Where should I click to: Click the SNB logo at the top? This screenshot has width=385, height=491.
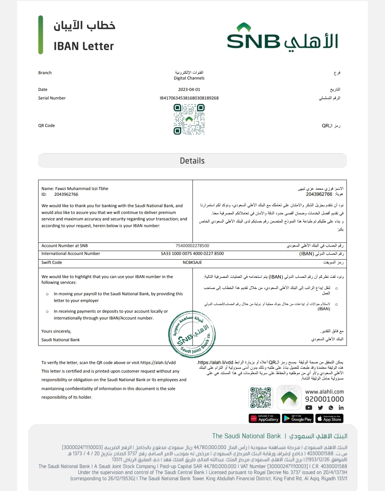click(282, 38)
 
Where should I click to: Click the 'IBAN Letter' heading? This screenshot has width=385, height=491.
click(84, 46)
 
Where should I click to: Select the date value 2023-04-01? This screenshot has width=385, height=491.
click(189, 89)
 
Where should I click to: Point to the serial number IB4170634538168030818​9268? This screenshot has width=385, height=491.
click(189, 98)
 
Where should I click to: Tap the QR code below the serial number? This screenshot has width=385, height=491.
click(189, 119)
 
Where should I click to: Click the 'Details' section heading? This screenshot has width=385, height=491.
click(192, 161)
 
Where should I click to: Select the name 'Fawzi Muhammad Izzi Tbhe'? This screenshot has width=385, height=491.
click(82, 189)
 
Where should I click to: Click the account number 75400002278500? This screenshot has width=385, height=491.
click(192, 246)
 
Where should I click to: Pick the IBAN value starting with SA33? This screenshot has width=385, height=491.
click(192, 254)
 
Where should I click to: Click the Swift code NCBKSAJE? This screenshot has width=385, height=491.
click(192, 262)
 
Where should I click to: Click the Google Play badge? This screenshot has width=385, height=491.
click(298, 418)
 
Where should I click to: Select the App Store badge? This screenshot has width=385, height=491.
click(330, 418)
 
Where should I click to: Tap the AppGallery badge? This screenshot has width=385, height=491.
click(264, 418)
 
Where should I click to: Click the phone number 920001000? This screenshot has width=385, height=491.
click(324, 399)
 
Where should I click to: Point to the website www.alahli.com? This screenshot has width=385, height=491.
click(324, 392)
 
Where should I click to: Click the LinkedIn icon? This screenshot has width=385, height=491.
click(341, 408)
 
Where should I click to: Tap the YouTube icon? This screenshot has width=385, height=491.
click(309, 408)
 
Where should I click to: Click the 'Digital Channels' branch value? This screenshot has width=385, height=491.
click(189, 78)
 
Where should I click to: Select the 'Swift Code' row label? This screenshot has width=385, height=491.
click(52, 262)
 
